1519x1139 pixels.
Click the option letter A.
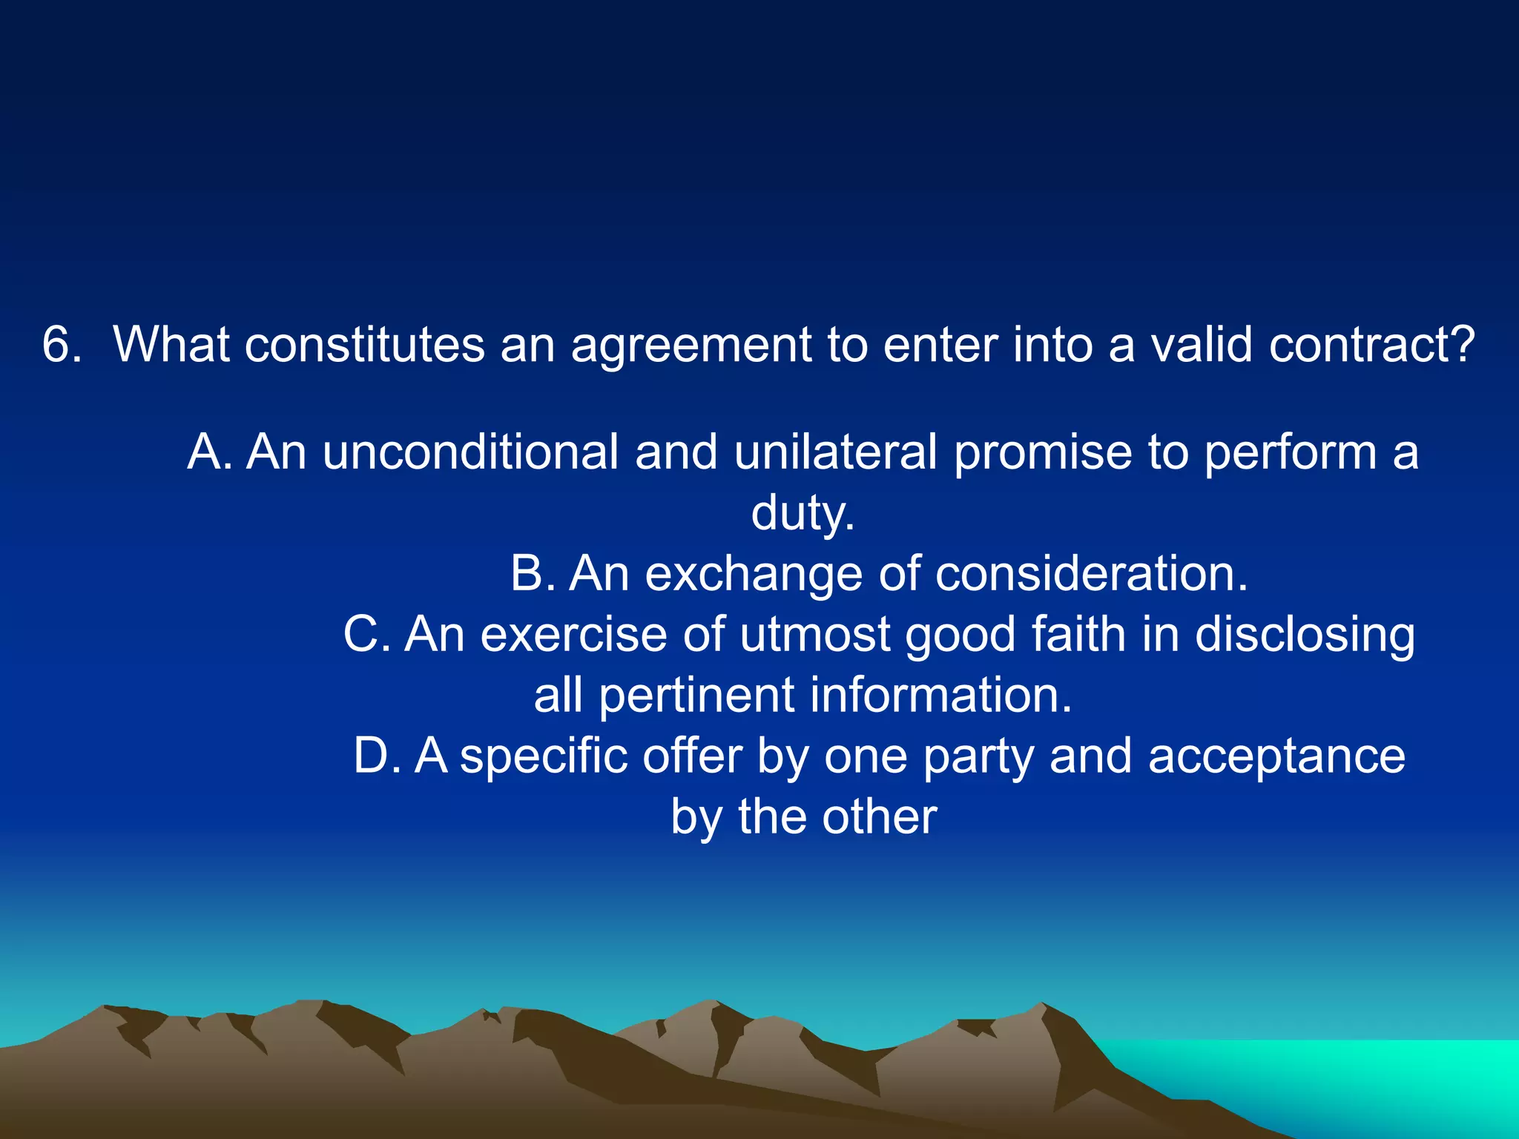[x=208, y=452]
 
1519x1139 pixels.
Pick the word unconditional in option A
[x=470, y=452]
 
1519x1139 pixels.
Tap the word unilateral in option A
[x=835, y=452]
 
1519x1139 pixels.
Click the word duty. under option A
[x=803, y=513]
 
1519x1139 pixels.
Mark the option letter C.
[x=366, y=635]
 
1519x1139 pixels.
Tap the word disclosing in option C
[x=1305, y=636]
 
